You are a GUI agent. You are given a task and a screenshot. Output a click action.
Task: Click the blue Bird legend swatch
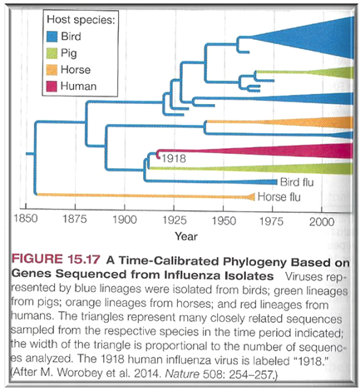52,37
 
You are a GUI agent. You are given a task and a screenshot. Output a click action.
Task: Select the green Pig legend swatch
52,53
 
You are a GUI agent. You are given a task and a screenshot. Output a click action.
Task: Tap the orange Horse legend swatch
52,70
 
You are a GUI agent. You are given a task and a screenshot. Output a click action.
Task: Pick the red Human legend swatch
52,87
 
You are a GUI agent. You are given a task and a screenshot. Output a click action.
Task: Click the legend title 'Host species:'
81,20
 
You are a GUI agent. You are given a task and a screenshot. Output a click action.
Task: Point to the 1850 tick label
26,219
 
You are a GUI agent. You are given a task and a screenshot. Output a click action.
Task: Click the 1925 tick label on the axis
175,220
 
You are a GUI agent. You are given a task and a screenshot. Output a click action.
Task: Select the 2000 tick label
322,222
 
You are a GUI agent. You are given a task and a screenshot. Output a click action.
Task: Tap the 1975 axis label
271,221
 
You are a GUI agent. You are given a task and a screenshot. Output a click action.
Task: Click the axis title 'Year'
186,236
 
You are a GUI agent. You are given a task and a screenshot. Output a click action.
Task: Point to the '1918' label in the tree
174,159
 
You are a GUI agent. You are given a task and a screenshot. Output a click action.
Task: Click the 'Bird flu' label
297,182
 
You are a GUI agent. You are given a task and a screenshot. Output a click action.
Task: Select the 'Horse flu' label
279,197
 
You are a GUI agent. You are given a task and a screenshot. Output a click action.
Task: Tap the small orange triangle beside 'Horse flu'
251,197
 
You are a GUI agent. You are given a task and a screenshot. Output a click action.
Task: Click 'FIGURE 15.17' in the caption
56,259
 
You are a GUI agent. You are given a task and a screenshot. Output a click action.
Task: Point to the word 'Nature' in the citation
182,374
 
